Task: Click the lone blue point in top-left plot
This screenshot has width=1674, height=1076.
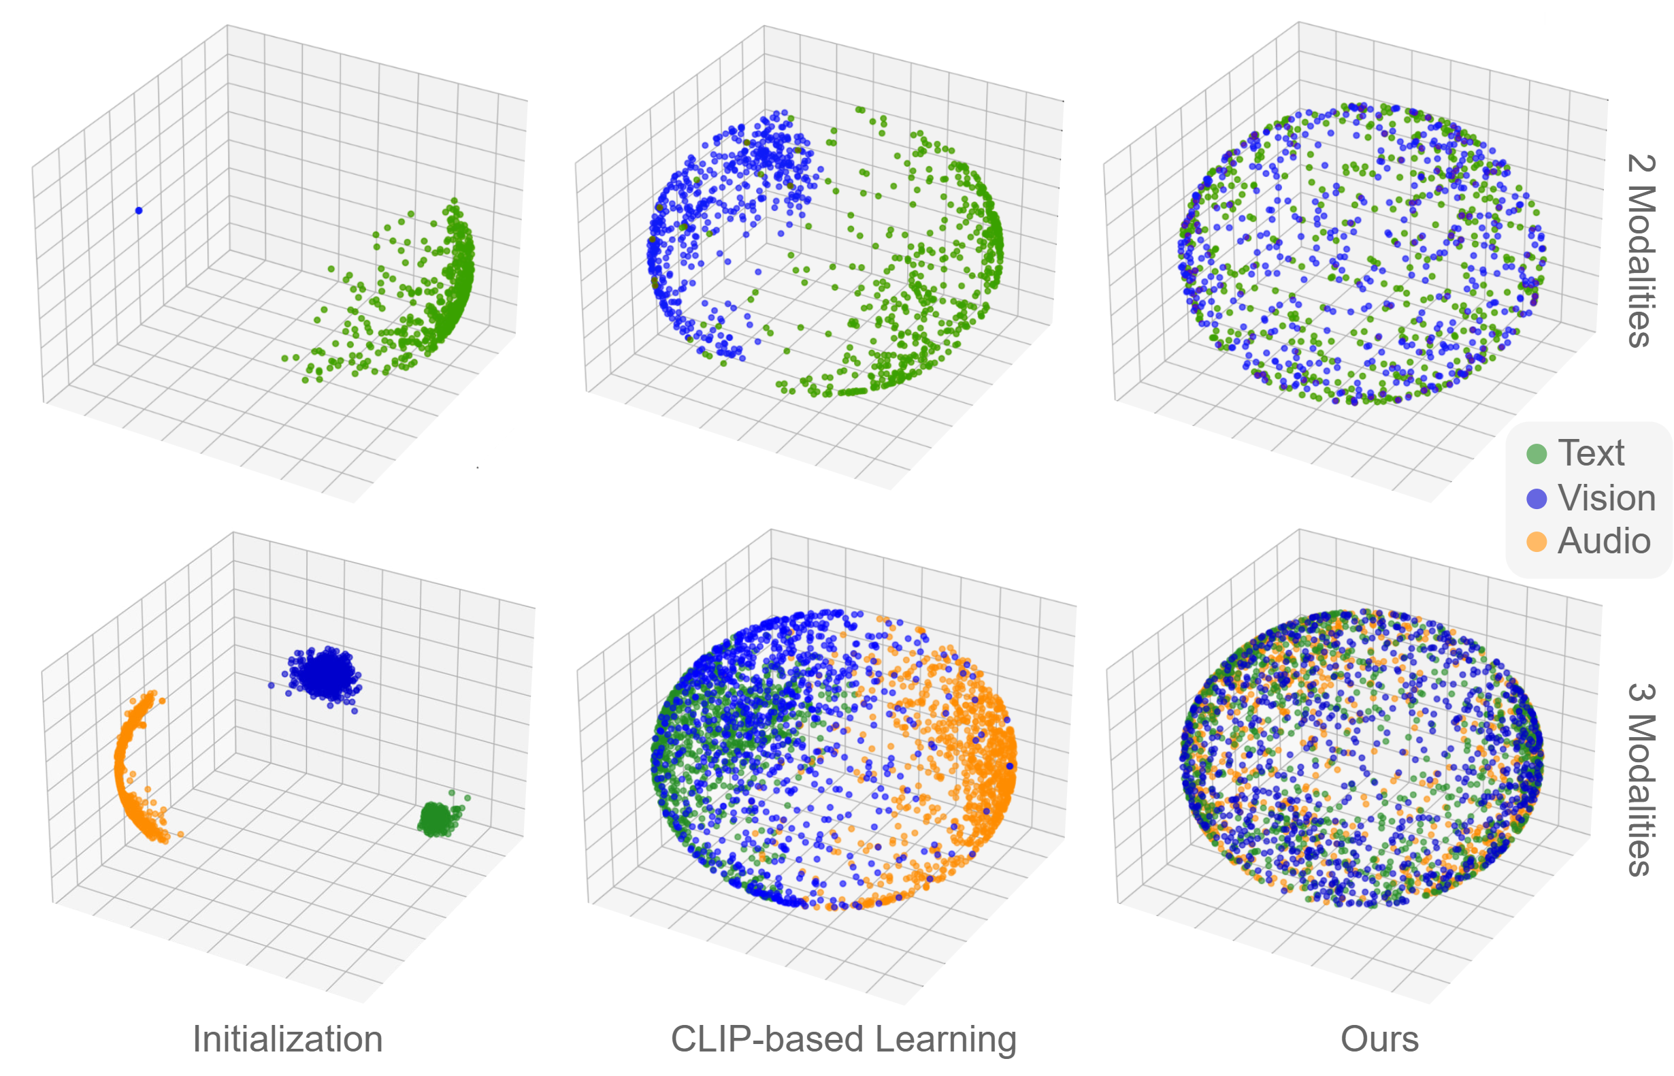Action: pos(138,210)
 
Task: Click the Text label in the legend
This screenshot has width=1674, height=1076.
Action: pos(1590,453)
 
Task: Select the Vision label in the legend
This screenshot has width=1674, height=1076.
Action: pos(1605,498)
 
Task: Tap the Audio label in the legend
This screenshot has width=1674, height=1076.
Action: pos(1603,542)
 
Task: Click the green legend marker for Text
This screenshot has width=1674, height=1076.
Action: pos(1536,454)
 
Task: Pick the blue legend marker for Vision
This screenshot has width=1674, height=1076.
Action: pos(1536,499)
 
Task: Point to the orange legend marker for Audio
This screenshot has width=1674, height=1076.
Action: pos(1536,542)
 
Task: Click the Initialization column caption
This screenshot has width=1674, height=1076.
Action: pos(287,1039)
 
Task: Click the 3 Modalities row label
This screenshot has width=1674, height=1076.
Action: pos(1641,779)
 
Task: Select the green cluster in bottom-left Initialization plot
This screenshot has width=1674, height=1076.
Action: pos(437,819)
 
